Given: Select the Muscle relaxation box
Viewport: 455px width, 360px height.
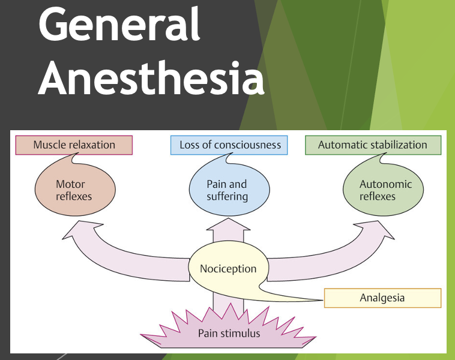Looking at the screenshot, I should pyautogui.click(x=74, y=145).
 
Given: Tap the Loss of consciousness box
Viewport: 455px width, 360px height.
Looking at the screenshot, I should pyautogui.click(x=230, y=145).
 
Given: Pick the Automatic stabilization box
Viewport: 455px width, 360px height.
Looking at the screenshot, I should pyautogui.click(x=372, y=145).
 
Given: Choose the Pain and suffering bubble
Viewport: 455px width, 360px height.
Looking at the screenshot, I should pyautogui.click(x=227, y=190).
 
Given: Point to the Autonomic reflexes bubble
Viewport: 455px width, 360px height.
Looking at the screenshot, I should pyautogui.click(x=384, y=190).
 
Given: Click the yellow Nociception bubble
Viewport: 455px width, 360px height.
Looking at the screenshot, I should pyautogui.click(x=228, y=268).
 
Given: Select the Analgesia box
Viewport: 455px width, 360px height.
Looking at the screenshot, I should pyautogui.click(x=382, y=298).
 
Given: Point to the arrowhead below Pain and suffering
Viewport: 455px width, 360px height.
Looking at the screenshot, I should pyautogui.click(x=228, y=226).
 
